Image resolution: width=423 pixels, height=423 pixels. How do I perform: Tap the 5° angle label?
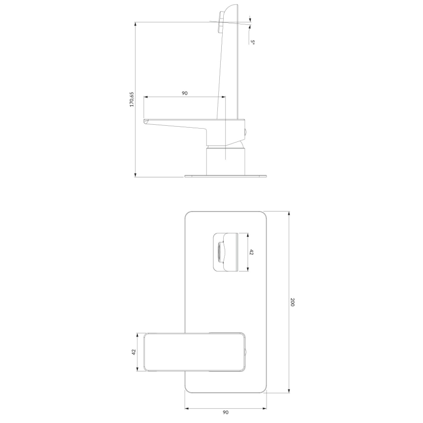coord(252,42)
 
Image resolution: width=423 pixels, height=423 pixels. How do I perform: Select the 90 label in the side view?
coord(185,93)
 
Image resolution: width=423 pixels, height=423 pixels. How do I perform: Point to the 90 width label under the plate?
coord(226,412)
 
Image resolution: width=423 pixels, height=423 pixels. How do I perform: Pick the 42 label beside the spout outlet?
coord(252,252)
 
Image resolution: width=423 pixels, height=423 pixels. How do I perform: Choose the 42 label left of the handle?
coord(134,352)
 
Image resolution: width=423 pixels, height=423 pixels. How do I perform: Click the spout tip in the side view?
coord(145,121)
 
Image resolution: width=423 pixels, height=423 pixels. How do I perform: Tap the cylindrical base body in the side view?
coord(225,161)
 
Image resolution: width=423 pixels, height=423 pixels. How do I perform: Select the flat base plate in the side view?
coord(226,175)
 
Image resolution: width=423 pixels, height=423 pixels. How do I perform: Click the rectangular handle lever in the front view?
coord(192,352)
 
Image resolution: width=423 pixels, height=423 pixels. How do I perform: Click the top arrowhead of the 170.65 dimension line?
coord(135,24)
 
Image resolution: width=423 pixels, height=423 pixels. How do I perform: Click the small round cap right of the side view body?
coord(246,132)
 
